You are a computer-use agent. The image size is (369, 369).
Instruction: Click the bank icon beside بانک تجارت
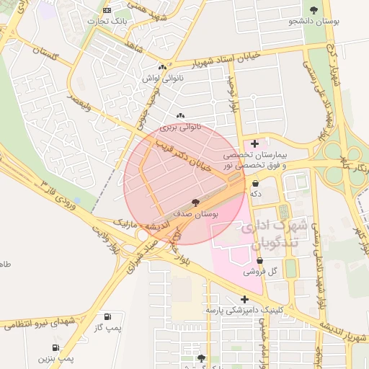(x=107, y=10)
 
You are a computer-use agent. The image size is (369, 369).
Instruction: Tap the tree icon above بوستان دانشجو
(x=313, y=9)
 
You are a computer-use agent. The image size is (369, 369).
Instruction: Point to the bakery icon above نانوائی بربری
(x=180, y=115)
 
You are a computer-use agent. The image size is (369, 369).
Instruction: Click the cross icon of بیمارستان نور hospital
(x=254, y=143)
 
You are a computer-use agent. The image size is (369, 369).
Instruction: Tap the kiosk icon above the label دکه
(x=255, y=183)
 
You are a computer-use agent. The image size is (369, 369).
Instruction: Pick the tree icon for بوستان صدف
(x=195, y=203)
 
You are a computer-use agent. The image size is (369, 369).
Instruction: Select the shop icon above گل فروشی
(x=259, y=260)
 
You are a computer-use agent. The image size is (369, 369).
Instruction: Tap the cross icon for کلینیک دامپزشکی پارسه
(x=245, y=298)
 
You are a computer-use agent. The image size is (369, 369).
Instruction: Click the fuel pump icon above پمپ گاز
(x=107, y=316)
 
